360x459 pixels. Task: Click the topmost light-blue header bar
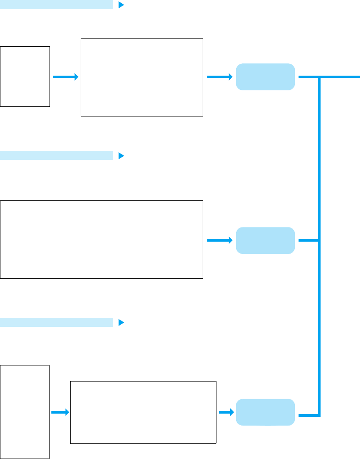click(56, 5)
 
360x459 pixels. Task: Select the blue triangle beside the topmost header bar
click(121, 5)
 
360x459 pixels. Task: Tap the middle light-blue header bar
click(56, 155)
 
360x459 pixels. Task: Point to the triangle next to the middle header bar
click(121, 155)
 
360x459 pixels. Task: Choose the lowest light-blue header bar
click(56, 322)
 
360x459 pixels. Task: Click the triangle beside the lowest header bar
click(121, 322)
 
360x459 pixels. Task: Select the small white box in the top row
click(25, 76)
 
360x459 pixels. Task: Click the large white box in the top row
click(142, 77)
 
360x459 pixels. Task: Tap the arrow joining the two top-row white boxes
click(65, 77)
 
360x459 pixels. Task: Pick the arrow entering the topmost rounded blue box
click(220, 77)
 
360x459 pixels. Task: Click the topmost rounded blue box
click(265, 77)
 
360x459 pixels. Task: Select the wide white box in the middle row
click(101, 239)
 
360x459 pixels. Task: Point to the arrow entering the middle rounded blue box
click(220, 240)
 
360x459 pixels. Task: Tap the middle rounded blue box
click(265, 240)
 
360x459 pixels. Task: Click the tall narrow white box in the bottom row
click(25, 412)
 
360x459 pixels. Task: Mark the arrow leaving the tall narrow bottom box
click(60, 412)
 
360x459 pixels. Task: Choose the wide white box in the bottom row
click(143, 412)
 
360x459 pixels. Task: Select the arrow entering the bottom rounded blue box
click(226, 412)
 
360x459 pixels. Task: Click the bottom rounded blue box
click(265, 412)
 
